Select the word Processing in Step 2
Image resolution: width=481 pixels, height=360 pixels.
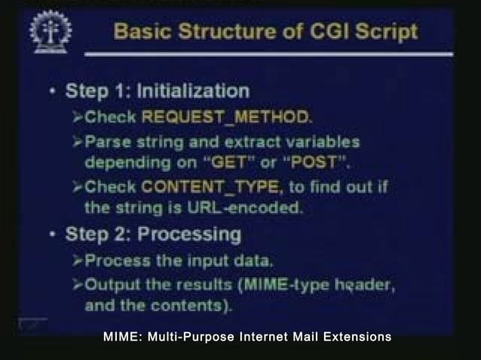click(x=189, y=234)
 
